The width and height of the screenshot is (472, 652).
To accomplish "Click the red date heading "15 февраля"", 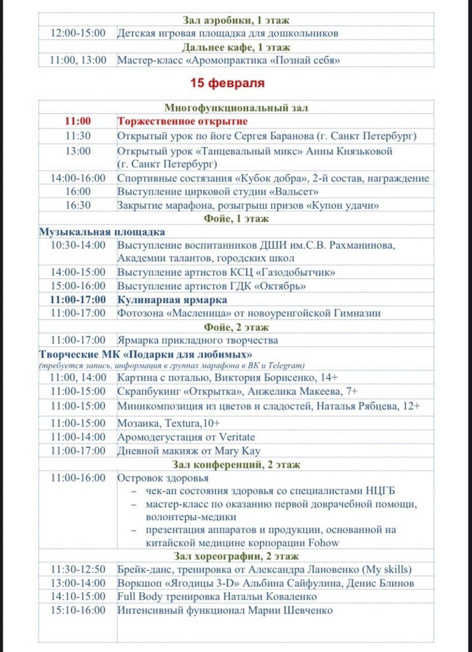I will [x=228, y=83].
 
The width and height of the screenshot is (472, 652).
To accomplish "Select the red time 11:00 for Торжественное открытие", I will [x=78, y=122].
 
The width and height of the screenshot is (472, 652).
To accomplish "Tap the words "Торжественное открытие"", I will [x=182, y=122].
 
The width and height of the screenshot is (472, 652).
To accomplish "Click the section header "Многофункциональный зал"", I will [x=236, y=107].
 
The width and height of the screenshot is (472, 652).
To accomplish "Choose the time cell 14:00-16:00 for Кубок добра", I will [x=78, y=178].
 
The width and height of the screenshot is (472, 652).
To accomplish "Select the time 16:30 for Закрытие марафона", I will [x=78, y=205].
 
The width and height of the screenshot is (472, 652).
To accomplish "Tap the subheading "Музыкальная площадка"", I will [x=102, y=232].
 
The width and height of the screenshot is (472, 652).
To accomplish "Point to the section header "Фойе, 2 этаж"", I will [x=236, y=327].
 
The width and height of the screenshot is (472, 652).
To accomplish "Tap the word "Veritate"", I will [x=237, y=437].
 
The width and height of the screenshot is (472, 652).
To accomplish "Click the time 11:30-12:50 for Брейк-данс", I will [x=78, y=569].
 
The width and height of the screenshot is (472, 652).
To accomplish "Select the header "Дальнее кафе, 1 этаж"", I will [x=236, y=47].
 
